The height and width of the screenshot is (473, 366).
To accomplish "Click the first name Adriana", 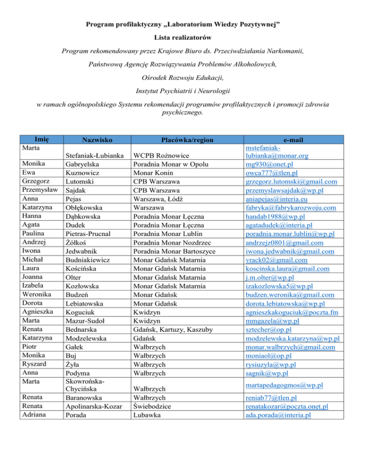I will click(x=33, y=414).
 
